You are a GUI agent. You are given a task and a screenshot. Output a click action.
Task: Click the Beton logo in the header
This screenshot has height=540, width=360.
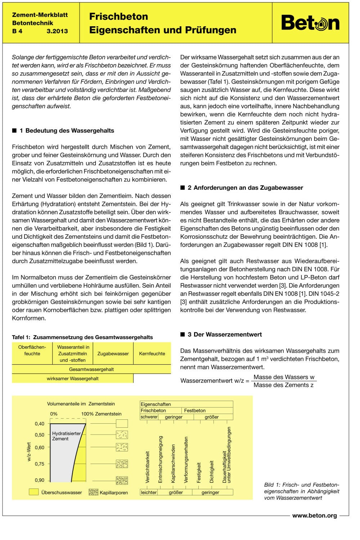coord(310,23)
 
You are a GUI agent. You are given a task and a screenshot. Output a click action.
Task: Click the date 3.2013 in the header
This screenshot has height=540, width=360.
coord(57,31)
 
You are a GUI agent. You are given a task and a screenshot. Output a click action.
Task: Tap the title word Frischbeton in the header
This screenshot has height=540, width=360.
coord(118,17)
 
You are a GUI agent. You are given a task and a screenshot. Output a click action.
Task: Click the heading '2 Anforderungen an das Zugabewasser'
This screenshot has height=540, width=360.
coord(245,188)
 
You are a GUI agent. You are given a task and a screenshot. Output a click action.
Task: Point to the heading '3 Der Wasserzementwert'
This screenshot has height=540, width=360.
coord(225,334)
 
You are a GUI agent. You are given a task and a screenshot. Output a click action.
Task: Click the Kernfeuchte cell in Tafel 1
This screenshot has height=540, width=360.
coord(152,354)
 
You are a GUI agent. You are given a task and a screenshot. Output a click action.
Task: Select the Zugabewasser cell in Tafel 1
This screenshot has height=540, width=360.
coord(113,354)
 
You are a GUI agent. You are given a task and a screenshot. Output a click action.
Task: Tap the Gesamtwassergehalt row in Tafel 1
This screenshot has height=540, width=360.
coord(91,369)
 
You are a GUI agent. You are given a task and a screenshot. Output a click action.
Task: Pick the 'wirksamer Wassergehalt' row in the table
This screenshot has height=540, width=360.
coord(72,379)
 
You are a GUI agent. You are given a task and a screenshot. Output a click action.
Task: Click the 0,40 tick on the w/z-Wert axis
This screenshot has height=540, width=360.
coord(40,424)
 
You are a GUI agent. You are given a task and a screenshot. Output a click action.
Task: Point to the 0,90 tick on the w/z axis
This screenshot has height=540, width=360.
coord(40,480)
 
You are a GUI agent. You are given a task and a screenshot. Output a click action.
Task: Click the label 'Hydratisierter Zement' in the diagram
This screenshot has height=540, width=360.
coord(66,436)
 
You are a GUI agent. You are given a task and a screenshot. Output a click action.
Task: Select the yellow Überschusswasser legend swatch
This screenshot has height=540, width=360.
coord(33,492)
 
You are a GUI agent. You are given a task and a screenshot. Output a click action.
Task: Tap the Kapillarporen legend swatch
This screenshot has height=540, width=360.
coord(93,492)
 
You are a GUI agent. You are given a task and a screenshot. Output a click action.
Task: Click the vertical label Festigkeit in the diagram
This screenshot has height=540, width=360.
coord(199,472)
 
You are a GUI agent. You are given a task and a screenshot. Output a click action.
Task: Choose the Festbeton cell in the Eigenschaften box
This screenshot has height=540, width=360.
coord(195,410)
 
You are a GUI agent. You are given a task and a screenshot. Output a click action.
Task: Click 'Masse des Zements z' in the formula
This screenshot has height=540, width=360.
coord(283,385)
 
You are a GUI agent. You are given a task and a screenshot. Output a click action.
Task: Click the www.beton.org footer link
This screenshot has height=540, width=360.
coord(314,516)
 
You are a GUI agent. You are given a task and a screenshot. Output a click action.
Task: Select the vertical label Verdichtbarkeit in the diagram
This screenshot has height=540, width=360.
coord(147,467)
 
